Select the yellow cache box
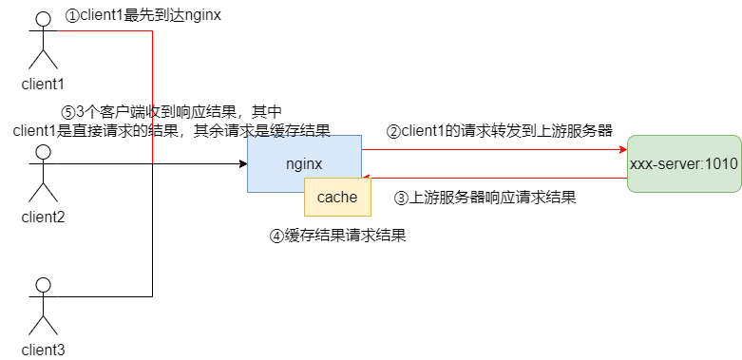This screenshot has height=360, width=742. [336, 197]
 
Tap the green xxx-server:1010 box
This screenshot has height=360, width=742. [683, 163]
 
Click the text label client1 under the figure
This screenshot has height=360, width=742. [42, 84]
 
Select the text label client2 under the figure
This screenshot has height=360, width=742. [42, 217]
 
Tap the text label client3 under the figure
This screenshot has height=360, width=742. [42, 350]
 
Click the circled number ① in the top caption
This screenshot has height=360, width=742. [72, 16]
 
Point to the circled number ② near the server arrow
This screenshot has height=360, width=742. [392, 130]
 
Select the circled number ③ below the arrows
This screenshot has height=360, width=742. [402, 199]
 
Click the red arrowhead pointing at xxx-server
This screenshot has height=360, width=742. [622, 149]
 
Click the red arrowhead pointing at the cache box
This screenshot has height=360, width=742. [367, 178]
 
